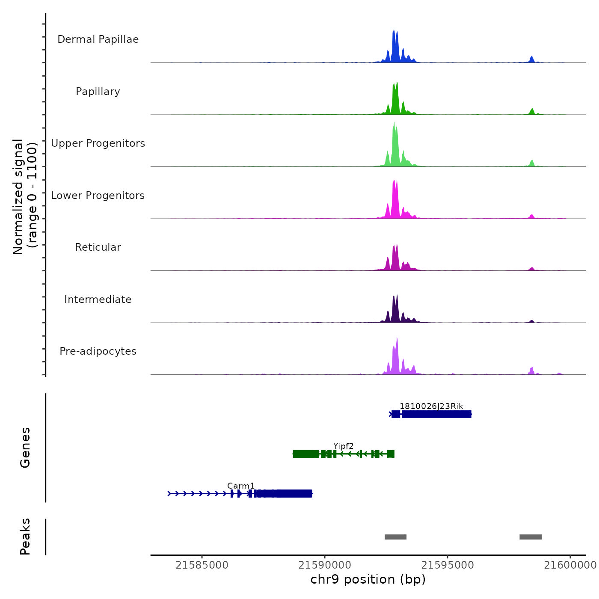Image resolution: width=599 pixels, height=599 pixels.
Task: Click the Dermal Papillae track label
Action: tap(98, 39)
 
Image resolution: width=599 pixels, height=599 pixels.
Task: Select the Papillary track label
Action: tap(98, 92)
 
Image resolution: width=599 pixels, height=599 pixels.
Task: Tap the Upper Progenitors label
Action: tap(98, 143)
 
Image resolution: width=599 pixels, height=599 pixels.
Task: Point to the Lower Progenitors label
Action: tap(98, 196)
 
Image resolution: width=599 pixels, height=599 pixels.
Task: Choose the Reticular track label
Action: tap(98, 247)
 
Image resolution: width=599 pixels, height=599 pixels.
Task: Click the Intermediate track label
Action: tap(98, 299)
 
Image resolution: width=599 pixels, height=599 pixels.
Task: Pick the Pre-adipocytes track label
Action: tap(98, 351)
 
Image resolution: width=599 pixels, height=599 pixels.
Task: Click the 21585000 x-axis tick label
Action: tap(202, 565)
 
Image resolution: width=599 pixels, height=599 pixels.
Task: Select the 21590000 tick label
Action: tap(325, 565)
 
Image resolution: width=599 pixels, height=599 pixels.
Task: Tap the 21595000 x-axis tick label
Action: tap(448, 565)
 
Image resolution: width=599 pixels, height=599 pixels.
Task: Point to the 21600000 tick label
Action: tap(570, 565)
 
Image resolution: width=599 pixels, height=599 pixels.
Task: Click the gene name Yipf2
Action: tap(344, 446)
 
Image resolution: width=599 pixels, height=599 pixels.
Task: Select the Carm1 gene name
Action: tap(241, 486)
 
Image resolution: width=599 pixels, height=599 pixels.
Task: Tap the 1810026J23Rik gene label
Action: tap(431, 406)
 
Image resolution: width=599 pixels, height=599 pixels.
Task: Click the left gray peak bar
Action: tap(395, 537)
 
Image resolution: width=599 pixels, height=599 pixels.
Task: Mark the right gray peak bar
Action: tap(531, 537)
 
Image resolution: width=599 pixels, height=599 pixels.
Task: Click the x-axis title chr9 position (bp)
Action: tap(368, 579)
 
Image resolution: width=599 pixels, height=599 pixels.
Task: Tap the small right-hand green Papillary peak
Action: tap(532, 111)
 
